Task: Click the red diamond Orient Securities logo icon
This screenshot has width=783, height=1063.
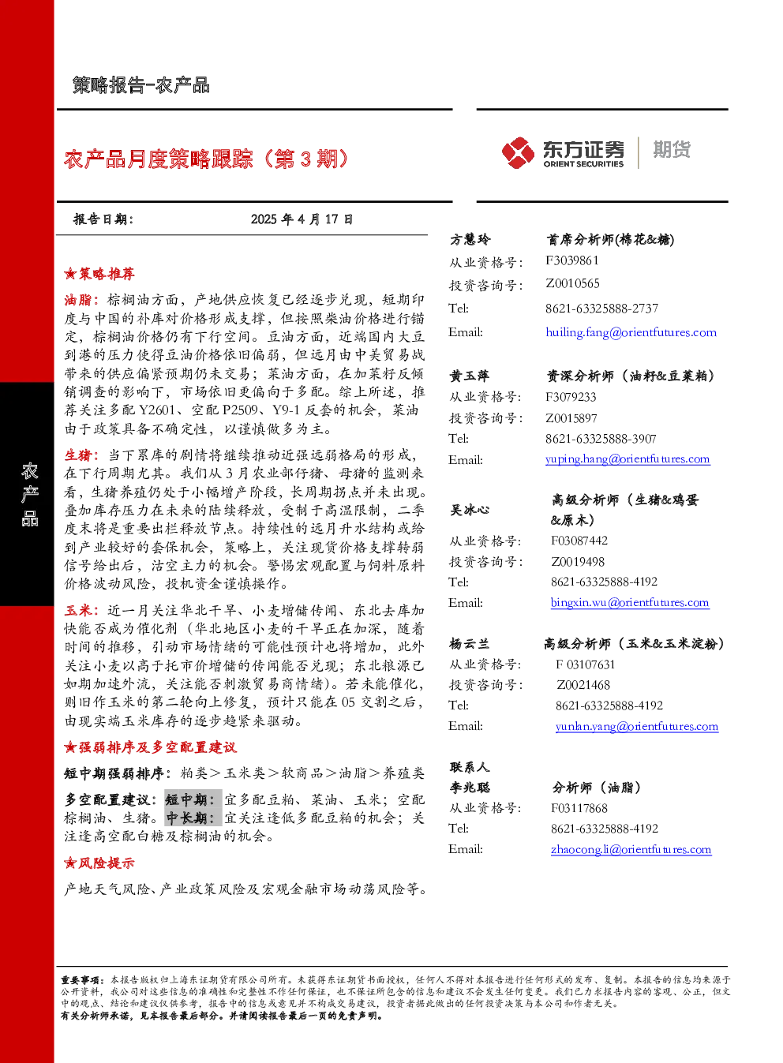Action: point(519,152)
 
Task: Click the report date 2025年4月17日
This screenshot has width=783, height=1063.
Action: point(302,219)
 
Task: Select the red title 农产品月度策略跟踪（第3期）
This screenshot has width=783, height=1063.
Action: point(206,159)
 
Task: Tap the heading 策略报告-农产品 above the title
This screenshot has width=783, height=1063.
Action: point(141,85)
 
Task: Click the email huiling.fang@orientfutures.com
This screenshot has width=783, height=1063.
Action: point(631,332)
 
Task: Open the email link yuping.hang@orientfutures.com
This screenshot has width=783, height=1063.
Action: point(628,459)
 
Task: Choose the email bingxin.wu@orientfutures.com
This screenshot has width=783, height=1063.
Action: point(630,602)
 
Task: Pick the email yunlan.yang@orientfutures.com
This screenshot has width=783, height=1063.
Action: point(637,726)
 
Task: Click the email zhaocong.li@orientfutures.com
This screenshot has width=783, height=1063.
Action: point(631,849)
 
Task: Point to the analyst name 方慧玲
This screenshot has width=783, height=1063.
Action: point(470,239)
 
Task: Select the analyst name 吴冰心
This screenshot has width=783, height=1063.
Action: point(470,510)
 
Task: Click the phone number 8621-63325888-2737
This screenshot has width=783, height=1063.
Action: point(601,309)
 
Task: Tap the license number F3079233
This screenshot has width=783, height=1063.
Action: point(571,397)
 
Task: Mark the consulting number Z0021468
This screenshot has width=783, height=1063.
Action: point(583,685)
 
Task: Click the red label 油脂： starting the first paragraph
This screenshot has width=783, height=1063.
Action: point(82,299)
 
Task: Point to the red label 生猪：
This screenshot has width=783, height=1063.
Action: point(82,455)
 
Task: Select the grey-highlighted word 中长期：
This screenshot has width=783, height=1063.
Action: point(193,818)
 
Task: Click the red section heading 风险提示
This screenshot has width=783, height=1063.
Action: point(99,863)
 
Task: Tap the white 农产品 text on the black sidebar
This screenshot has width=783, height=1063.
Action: point(29,495)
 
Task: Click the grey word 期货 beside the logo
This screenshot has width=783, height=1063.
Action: point(672,149)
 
